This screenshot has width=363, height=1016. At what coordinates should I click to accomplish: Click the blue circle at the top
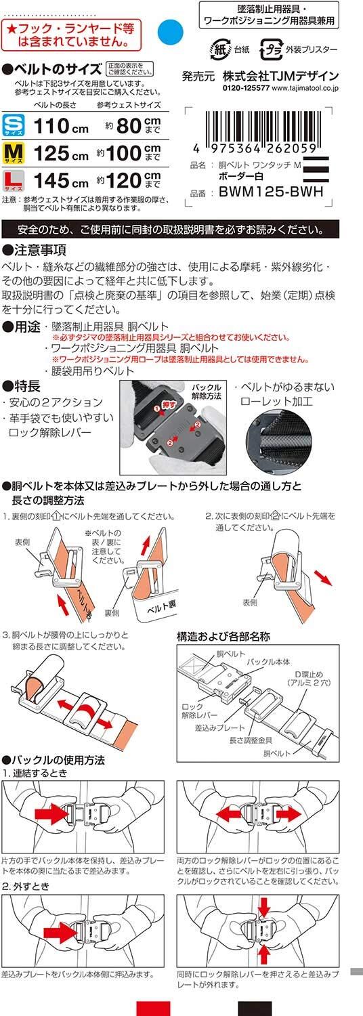pyautogui.click(x=170, y=32)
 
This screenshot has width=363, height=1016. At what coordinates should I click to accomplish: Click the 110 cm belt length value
pyautogui.click(x=61, y=126)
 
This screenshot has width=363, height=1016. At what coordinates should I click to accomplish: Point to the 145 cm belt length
pyautogui.click(x=61, y=181)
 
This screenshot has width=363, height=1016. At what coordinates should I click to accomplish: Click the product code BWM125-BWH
pyautogui.click(x=272, y=192)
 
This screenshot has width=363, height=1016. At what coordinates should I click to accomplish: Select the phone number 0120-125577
pyautogui.click(x=245, y=88)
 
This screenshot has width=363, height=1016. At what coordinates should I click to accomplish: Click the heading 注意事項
pyautogui.click(x=35, y=250)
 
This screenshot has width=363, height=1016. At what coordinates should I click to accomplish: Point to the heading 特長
pyautogui.click(x=21, y=386)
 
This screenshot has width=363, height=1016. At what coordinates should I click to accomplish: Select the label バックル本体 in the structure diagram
pyautogui.click(x=268, y=662)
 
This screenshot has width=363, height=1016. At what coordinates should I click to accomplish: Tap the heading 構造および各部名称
pyautogui.click(x=223, y=637)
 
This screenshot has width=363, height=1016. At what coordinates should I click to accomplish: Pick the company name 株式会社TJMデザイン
pyautogui.click(x=280, y=76)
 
